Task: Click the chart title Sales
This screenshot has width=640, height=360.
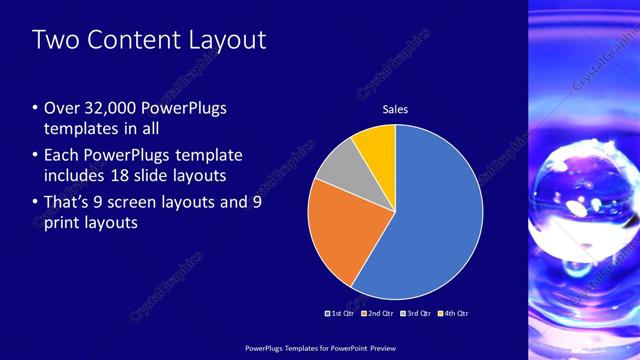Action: [x=396, y=109]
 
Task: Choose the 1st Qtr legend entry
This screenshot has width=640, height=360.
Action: [x=342, y=313]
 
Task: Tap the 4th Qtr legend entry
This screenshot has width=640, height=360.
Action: [x=453, y=313]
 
